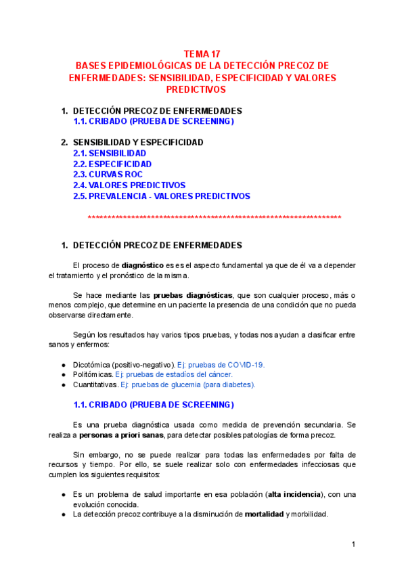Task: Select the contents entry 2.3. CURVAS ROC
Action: coord(108,175)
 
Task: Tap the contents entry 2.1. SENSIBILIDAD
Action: coord(110,154)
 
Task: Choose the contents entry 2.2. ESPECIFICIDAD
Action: coord(112,164)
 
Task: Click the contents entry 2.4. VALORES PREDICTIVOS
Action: coord(129,185)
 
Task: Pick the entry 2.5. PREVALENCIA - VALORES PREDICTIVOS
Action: coord(162,196)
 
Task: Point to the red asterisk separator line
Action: coord(215,217)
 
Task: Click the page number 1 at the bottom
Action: coord(353,545)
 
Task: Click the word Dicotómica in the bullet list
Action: coord(93,364)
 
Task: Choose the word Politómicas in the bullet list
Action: coord(93,374)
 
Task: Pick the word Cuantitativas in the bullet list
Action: coord(95,384)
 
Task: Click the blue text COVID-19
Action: coord(244,364)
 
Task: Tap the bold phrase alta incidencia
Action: coord(295,494)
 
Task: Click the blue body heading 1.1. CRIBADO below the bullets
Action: coord(154,405)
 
